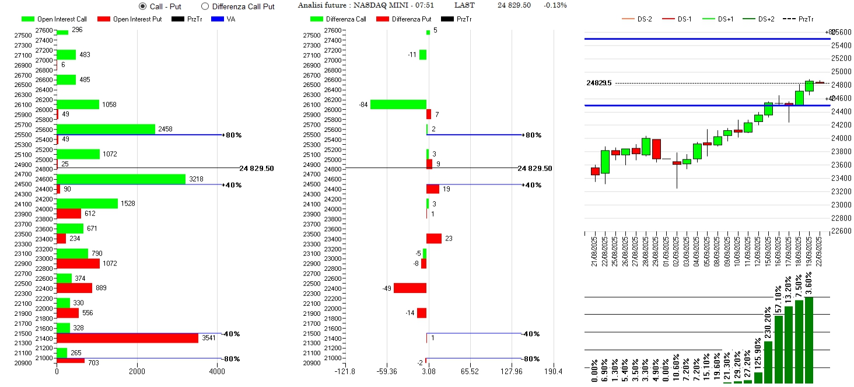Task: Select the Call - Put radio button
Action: coord(143,6)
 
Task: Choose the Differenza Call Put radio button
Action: coord(205,6)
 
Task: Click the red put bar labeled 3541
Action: coord(127,338)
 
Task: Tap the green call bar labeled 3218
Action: coord(121,179)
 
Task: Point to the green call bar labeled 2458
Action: coord(106,129)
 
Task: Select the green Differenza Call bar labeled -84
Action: coord(398,104)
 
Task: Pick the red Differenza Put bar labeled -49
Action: coord(410,288)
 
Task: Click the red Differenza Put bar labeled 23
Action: coord(434,238)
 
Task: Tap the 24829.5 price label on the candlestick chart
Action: coord(599,83)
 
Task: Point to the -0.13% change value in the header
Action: coord(555,5)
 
